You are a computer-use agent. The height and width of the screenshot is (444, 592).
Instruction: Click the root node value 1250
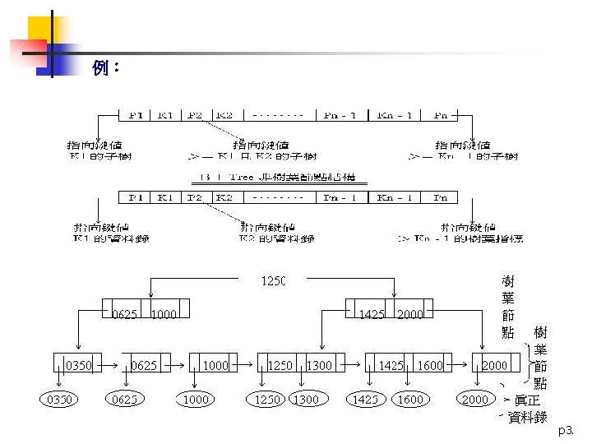pos(274,281)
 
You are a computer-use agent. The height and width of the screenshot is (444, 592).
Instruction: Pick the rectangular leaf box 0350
pos(79,364)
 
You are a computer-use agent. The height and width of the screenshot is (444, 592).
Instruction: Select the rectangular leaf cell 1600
pos(429,364)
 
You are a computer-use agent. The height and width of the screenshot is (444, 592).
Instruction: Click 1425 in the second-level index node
pos(372,314)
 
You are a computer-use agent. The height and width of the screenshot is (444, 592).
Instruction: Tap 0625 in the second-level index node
pos(124,314)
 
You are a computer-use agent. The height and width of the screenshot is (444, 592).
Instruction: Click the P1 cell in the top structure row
pos(136,116)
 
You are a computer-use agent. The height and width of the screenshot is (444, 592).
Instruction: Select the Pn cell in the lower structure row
pos(440,197)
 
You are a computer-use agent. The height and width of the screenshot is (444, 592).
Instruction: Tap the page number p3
pos(567,431)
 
